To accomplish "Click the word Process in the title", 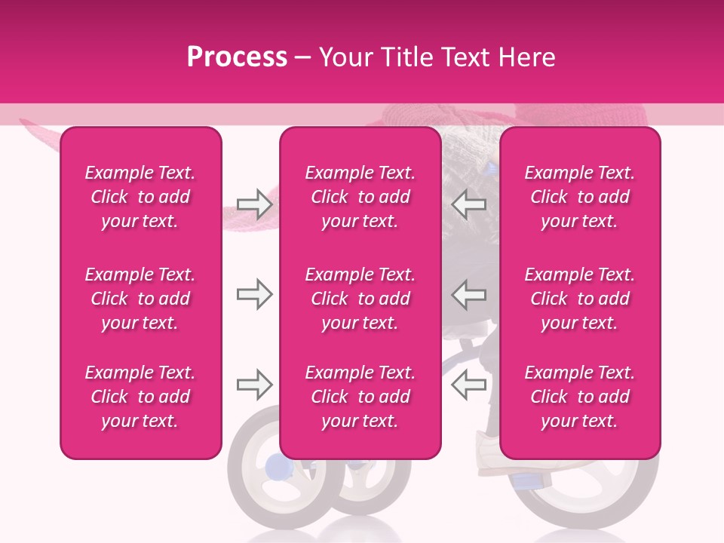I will pos(237,57).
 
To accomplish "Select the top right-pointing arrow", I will pos(255,204).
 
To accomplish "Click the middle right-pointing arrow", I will pos(255,294).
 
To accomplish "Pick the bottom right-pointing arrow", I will pos(255,385).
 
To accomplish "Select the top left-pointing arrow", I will pos(468,204).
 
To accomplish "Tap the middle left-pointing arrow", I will pos(468,294).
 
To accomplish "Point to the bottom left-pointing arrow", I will pos(468,385).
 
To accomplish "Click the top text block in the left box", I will pos(140,197).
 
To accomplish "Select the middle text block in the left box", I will pos(140,299).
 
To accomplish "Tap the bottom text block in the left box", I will pos(140,397).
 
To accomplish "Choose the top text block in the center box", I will pos(360,197).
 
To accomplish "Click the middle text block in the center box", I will pos(360,299).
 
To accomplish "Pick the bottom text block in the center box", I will pos(360,397).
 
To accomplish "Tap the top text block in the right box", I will pos(579,197).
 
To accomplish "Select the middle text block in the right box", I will pos(579,299).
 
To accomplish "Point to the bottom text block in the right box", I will pos(579,397).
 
